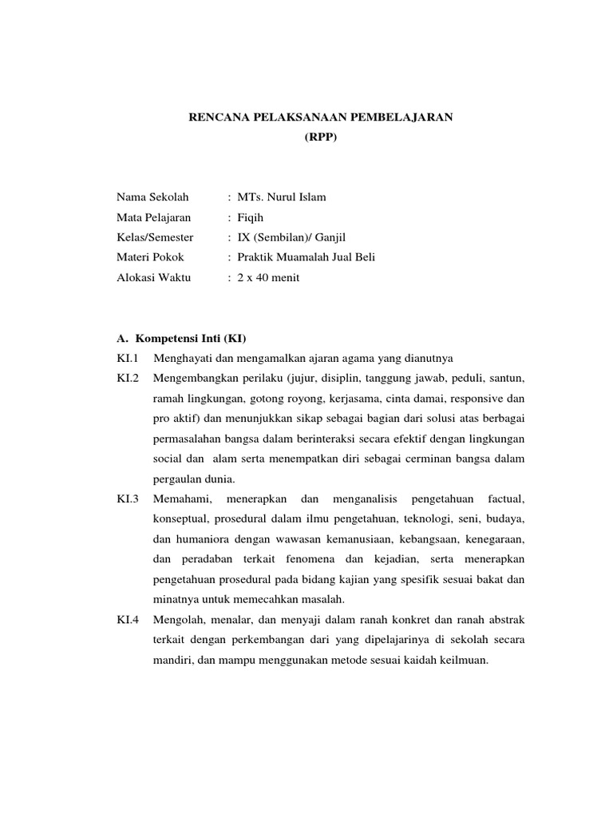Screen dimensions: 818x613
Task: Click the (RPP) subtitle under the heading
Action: (x=320, y=137)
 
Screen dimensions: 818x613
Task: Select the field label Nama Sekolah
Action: (x=152, y=197)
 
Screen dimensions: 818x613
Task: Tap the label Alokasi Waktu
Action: (x=154, y=277)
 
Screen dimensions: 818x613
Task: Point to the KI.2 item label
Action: (x=128, y=376)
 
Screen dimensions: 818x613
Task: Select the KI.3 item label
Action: (x=128, y=499)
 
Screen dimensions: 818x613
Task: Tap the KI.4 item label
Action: (x=128, y=620)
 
